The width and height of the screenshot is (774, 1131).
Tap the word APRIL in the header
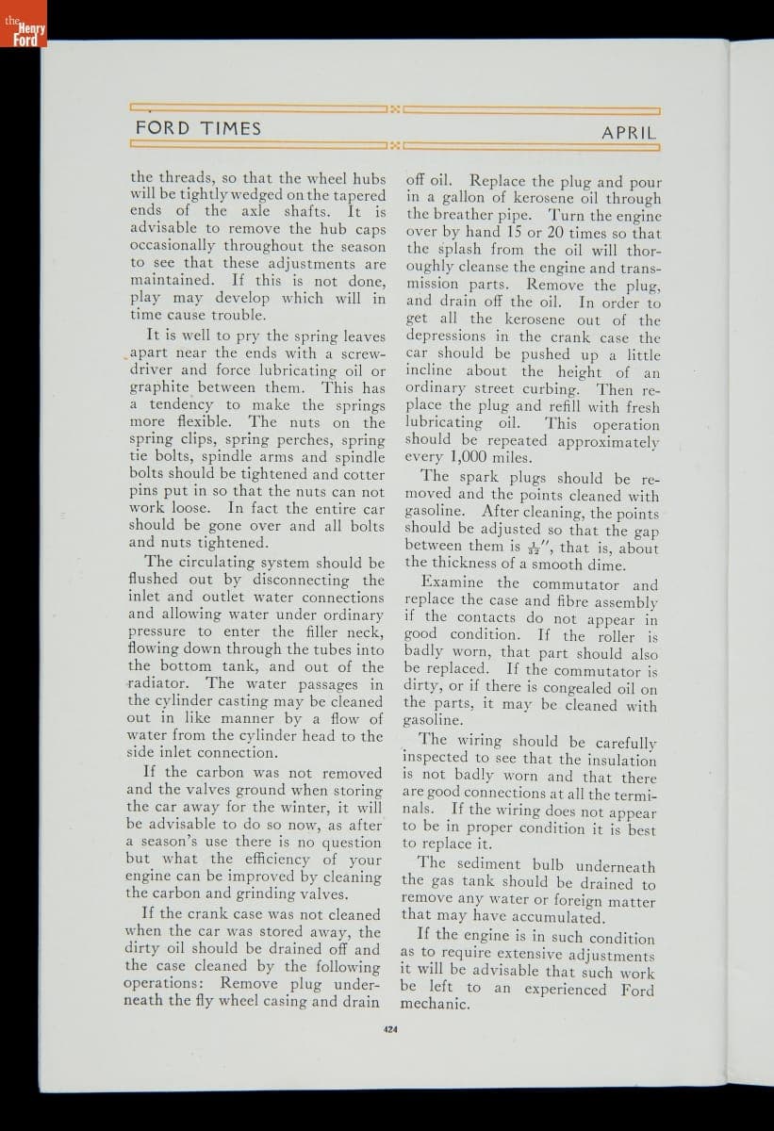629,133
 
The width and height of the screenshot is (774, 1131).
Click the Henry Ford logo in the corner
23,27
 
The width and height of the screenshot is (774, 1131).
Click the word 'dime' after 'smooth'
605,565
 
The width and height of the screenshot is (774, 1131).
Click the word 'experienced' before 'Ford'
565,990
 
